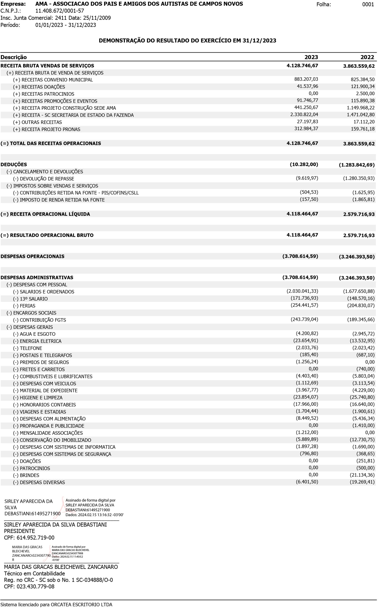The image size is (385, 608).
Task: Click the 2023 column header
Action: pos(311,57)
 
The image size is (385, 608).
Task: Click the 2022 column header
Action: pos(367,57)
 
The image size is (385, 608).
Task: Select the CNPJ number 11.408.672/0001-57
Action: pos(60,11)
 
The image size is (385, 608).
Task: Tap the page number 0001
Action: pos(368,4)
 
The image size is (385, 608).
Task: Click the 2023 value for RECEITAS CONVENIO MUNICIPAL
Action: pos(306,79)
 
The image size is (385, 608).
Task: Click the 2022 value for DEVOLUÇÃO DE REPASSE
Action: pos(359,178)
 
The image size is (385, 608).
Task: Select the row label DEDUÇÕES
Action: pos(14,164)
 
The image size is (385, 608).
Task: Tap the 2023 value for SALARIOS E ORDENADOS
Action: pos(302,291)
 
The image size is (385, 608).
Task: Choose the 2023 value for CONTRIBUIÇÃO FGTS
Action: pos(304,319)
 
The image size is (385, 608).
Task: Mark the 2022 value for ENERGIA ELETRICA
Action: pos(362,341)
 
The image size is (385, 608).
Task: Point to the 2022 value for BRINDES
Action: pos(362,475)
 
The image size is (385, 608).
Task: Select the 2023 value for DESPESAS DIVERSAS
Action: pos(307,482)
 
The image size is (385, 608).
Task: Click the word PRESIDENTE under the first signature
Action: pos(19,531)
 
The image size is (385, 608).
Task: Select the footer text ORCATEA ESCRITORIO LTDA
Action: pos(81,605)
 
